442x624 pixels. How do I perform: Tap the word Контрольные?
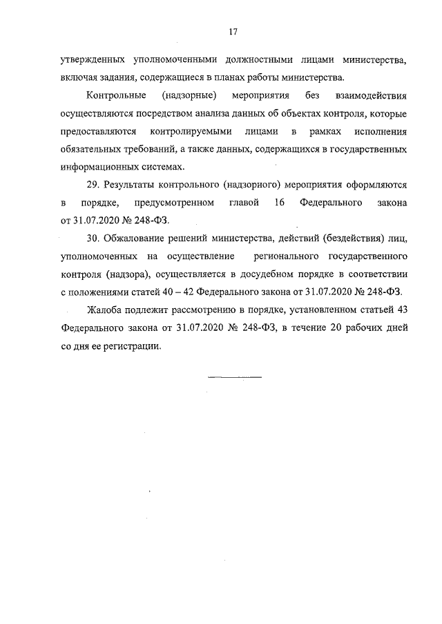pyautogui.click(x=116, y=94)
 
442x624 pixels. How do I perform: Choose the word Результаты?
pyautogui.click(x=133, y=185)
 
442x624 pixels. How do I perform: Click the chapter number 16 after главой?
pyautogui.click(x=280, y=203)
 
